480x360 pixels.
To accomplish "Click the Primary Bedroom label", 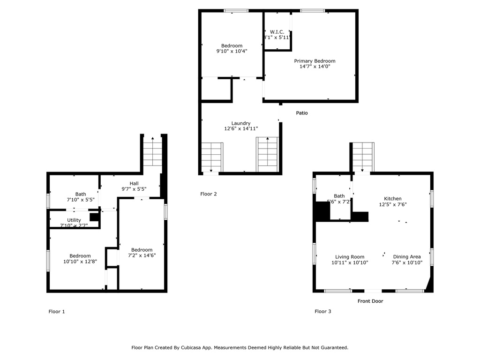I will [315, 61].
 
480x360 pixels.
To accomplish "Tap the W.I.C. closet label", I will [277, 32].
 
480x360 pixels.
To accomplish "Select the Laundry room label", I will [240, 123].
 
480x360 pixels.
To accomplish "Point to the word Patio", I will [302, 113].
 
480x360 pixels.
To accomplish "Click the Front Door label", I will [370, 301].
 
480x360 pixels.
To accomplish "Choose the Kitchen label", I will [392, 199].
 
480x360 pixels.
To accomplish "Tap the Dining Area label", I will [406, 256].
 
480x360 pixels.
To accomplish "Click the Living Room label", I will [349, 256].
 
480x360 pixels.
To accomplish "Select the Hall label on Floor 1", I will [134, 183].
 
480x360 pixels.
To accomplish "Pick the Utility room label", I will [74, 220].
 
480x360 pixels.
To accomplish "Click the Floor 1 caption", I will [57, 311].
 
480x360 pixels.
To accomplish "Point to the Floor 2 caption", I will [208, 194].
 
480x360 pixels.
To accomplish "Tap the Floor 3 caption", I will [322, 311].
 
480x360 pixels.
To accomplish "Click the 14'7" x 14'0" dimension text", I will [315, 67].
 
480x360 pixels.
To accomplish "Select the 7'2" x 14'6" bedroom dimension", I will [142, 255].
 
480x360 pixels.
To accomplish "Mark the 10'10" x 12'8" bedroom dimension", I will [80, 262].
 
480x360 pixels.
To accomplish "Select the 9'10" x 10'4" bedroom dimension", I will [232, 51].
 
